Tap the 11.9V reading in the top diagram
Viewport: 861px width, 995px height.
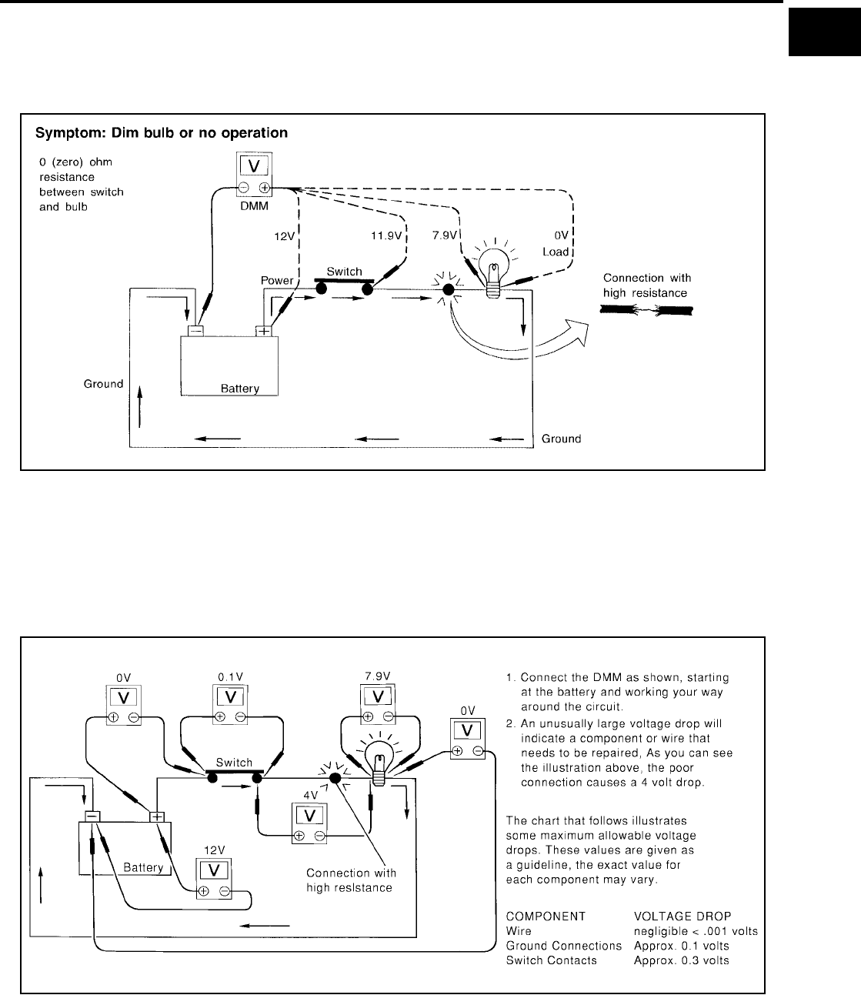385,236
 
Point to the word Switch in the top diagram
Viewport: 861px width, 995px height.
344,272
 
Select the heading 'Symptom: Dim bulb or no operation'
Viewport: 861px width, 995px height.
162,133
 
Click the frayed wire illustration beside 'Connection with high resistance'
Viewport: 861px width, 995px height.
646,310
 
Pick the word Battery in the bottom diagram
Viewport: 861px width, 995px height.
143,867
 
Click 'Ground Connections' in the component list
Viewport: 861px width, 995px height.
562,946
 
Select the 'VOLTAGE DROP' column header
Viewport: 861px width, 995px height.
678,917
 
